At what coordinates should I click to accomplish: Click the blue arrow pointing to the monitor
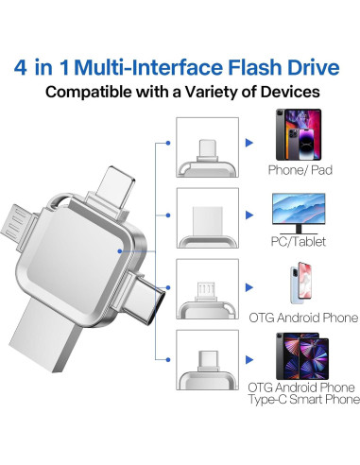tap(249, 215)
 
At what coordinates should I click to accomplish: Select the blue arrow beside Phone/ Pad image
tap(249, 144)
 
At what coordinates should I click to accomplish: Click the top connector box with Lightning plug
tap(207, 144)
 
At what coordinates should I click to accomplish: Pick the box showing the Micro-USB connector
tap(207, 287)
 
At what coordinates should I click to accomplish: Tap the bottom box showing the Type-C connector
tap(207, 359)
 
